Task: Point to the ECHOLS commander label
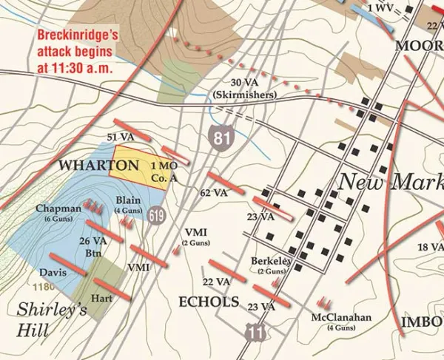pos(209,302)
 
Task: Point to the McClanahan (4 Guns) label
pos(342,322)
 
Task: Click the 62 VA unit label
pos(212,193)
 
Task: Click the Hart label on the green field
pos(101,298)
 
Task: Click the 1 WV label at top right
pos(380,8)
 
